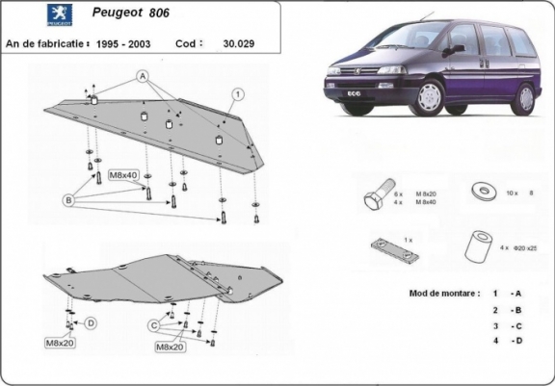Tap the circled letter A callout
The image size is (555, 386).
click(x=141, y=75)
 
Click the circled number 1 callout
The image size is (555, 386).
click(x=236, y=93)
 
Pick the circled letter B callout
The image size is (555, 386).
click(x=68, y=199)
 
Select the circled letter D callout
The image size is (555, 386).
click(x=90, y=322)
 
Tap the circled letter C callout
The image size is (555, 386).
click(x=153, y=325)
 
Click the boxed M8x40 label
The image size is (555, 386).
click(x=122, y=175)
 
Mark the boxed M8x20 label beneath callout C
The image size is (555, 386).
click(x=170, y=346)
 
